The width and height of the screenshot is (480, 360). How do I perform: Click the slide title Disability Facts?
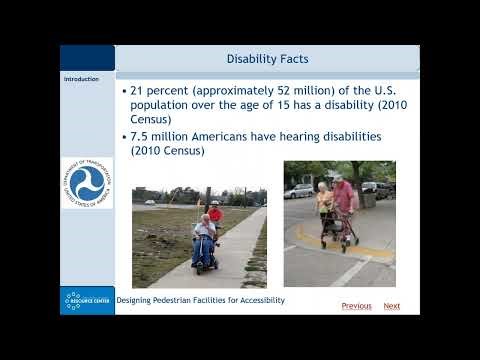coord(267,59)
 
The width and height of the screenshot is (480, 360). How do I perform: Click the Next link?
coord(392,306)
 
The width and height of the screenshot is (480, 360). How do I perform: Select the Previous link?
coord(356,306)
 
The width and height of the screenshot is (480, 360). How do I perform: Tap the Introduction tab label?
coord(81,79)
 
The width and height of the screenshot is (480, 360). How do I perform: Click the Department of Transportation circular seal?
coord(87,183)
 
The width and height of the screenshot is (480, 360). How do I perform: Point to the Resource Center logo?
coord(87,300)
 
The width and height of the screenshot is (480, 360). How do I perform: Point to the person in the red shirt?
coord(215,212)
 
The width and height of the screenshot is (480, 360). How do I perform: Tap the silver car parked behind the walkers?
coord(300,190)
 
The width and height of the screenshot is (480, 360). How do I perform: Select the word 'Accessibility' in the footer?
coord(257,300)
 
